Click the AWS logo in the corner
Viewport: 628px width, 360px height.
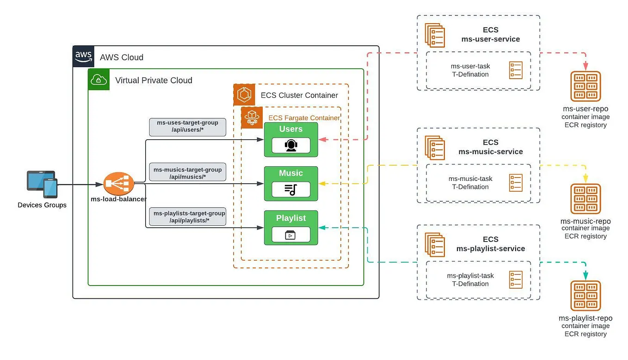coord(83,56)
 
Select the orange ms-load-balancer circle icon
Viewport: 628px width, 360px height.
coord(118,184)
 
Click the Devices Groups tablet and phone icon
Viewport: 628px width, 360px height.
coord(42,184)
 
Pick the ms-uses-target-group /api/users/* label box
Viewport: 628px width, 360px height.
coord(188,127)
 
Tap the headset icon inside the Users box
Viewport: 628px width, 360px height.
coord(291,145)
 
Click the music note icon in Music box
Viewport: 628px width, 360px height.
coord(291,189)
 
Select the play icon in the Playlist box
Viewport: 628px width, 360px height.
coord(291,235)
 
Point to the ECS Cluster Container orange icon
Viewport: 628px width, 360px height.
coord(244,95)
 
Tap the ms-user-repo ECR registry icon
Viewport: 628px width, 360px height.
coord(585,86)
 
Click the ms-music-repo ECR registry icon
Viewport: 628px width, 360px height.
coord(585,199)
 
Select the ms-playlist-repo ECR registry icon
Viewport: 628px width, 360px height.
coord(585,296)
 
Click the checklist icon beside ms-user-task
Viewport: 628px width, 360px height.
coord(516,70)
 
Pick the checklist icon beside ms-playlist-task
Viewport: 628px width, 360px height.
coord(516,280)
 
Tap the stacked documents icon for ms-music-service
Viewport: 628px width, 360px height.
coord(435,148)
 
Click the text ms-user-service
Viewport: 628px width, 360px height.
coord(491,39)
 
